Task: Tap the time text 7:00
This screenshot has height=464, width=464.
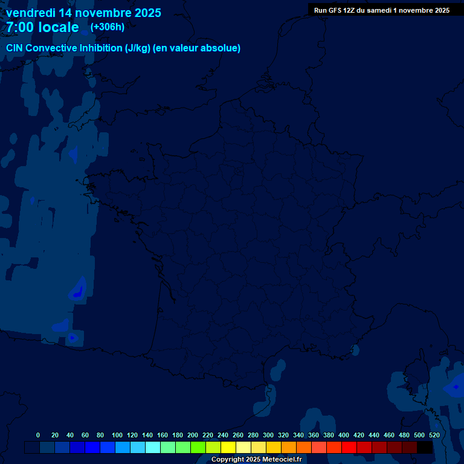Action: coord(18,27)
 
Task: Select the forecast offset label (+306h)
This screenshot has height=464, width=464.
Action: coord(108,27)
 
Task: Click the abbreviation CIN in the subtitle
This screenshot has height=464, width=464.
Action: coord(15,48)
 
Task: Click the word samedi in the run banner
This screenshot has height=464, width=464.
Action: coord(379,10)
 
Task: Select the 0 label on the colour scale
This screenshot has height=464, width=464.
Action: coord(38,435)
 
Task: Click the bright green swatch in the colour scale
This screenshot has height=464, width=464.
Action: coord(198,448)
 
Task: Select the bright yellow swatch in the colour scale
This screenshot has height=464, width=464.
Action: coord(228,448)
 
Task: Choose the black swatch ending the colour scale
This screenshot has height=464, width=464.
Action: coord(425,448)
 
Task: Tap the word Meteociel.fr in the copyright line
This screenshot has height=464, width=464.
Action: coord(282,460)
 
